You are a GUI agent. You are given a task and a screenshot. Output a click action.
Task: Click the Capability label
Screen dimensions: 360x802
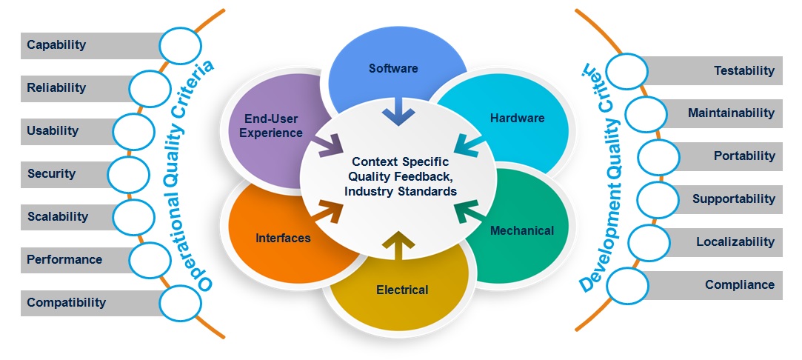pyautogui.click(x=56, y=45)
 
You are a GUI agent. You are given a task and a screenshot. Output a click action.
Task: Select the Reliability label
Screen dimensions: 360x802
pyautogui.click(x=56, y=88)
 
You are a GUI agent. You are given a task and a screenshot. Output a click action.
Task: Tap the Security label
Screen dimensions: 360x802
pyautogui.click(x=51, y=174)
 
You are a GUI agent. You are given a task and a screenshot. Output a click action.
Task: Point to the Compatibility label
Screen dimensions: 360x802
pyautogui.click(x=66, y=302)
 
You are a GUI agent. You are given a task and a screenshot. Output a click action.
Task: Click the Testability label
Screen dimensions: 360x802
pyautogui.click(x=743, y=71)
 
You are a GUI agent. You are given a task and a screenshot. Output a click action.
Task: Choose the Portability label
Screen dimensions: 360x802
pyautogui.click(x=744, y=156)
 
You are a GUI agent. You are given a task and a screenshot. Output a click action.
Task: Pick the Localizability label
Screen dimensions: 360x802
pyautogui.click(x=735, y=241)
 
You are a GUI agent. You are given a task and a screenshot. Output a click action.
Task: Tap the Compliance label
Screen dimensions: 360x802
pyautogui.click(x=739, y=284)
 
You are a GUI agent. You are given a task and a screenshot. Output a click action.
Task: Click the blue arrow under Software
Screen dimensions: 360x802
pyautogui.click(x=398, y=113)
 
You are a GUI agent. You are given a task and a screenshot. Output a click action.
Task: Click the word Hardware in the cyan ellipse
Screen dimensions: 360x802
pyautogui.click(x=517, y=119)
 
